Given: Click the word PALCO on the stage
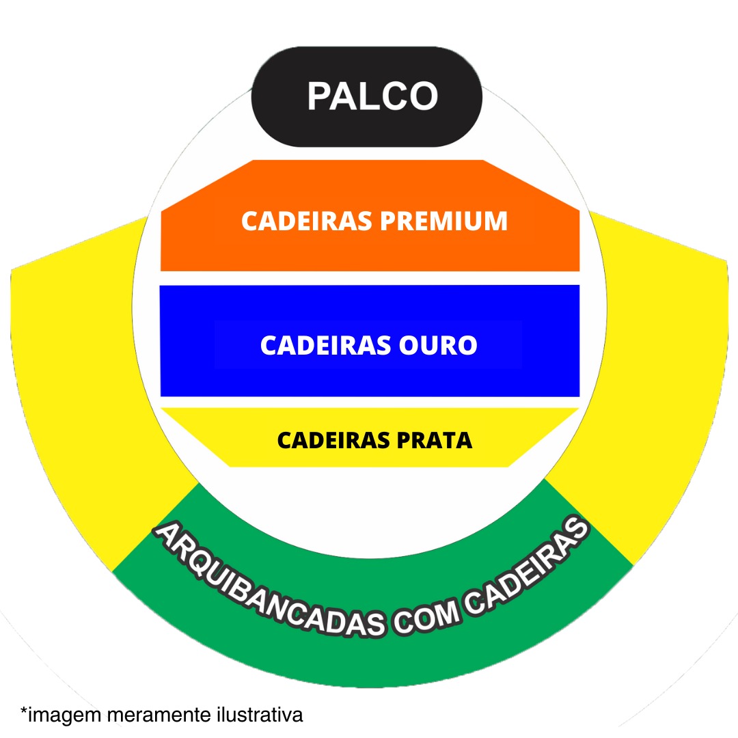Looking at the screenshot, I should pos(372,96).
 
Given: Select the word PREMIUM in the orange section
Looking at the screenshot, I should pos(443,221).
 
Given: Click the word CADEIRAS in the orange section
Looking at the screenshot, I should pos(305,221).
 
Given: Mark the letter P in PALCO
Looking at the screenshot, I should pos(320,96).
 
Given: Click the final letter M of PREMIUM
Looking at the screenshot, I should pos(494,221).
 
